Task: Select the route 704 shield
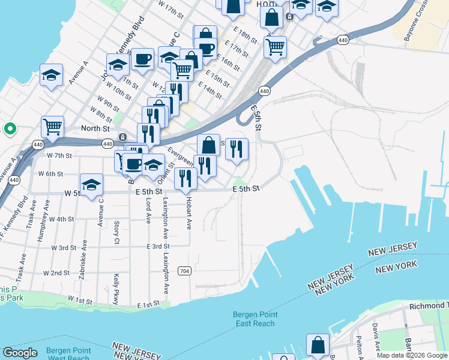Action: coord(184,272)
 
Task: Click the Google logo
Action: coord(20,353)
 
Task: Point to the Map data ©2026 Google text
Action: coord(412,355)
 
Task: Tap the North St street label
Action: coord(95,128)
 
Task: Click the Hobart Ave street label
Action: coord(188,211)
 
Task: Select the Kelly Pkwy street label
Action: coord(116,289)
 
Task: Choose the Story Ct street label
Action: coord(116,233)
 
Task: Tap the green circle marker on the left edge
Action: coord(10,128)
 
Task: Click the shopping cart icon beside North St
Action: coord(53,127)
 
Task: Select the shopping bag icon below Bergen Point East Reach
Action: coord(318,345)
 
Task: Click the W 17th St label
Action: coord(170,8)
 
